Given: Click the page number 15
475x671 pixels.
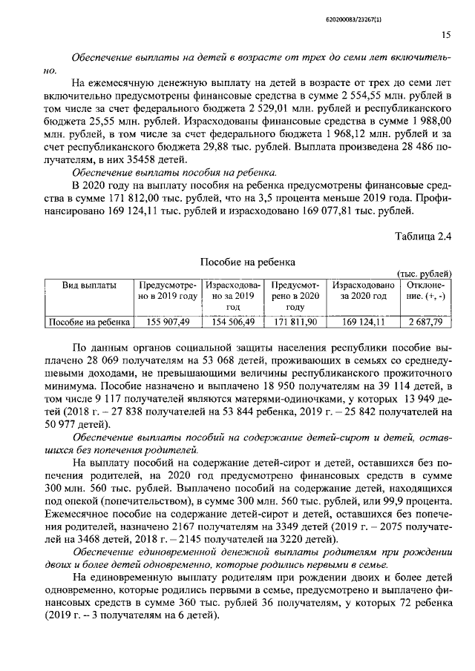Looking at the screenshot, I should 446,34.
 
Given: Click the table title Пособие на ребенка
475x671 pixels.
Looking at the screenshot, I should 248,262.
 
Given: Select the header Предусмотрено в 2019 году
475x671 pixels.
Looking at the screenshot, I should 167,290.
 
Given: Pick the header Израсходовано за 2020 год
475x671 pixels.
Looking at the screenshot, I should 363,290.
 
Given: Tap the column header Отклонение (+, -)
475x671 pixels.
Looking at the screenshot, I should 425,290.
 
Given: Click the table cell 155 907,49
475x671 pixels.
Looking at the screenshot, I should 168,322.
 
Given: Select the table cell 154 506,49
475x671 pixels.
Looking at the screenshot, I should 231,322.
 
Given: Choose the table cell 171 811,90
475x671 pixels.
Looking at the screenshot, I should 295,322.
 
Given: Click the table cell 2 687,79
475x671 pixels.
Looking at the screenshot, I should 425,322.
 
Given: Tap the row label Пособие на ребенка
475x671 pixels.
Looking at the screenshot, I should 89,322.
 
